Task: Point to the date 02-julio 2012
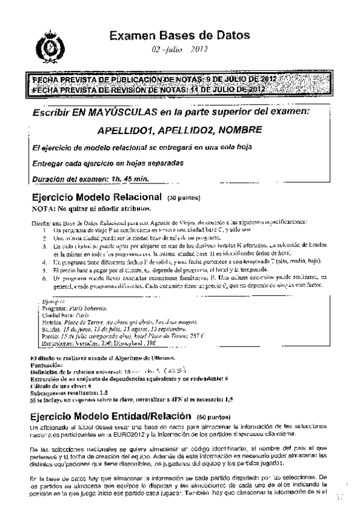click(180, 51)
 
